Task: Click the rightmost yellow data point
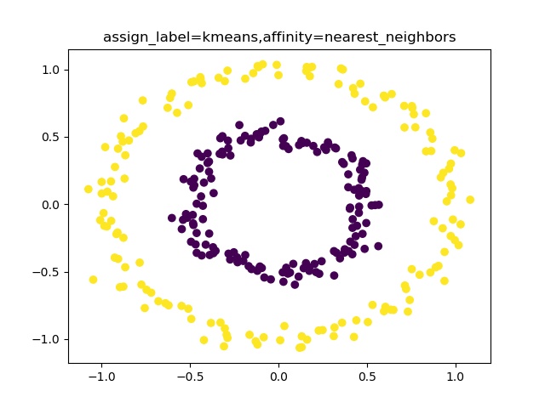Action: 470,200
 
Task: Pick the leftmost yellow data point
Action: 89,190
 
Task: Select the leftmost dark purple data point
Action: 172,218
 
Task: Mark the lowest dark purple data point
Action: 295,285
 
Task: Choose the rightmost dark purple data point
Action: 378,205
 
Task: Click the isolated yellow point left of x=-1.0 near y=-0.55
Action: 94,280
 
